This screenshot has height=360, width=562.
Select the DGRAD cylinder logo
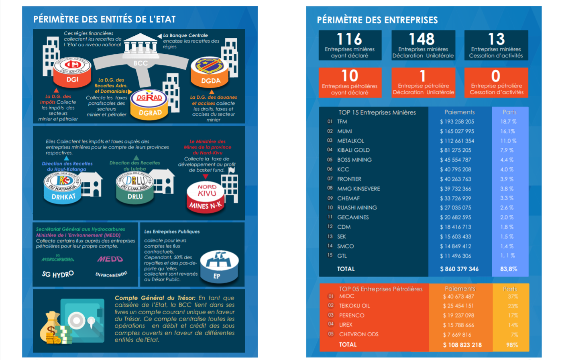pyautogui.click(x=150, y=104)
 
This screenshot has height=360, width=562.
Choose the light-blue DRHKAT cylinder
pyautogui.click(x=63, y=188)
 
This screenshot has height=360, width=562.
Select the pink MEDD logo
pyautogui.click(x=110, y=259)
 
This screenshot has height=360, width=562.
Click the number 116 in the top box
pyautogui.click(x=349, y=39)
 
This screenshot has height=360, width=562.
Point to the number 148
pyautogui.click(x=422, y=39)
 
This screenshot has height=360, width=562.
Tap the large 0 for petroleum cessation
pyautogui.click(x=496, y=76)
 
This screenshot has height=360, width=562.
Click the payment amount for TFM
pyautogui.click(x=457, y=122)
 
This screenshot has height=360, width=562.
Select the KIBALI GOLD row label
pyautogui.click(x=353, y=150)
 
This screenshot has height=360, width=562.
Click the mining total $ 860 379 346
pyautogui.click(x=459, y=269)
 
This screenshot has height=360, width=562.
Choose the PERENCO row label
pyautogui.click(x=352, y=315)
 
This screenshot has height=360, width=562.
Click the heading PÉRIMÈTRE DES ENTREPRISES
pyautogui.click(x=377, y=20)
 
